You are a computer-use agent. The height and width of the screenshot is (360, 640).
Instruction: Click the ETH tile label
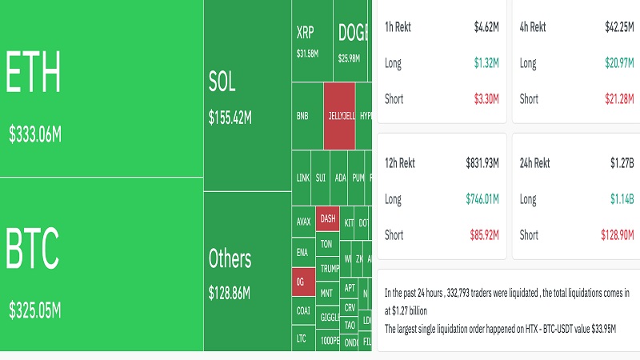[x=34, y=74]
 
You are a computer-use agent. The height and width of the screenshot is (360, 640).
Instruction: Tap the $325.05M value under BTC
[x=34, y=309]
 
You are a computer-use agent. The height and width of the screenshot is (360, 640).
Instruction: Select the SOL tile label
[x=222, y=82]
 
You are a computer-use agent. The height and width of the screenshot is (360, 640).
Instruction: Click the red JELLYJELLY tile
[x=340, y=115]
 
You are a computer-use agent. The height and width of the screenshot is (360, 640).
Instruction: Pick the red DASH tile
[x=327, y=218]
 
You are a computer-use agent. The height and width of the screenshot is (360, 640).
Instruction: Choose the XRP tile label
[x=306, y=34]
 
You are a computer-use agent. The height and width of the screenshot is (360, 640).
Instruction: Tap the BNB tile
[x=302, y=115]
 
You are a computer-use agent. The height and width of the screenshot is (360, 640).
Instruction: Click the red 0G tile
[x=301, y=282]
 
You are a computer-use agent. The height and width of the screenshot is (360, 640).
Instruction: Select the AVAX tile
[x=303, y=222]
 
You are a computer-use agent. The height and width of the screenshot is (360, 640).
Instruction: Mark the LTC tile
[x=302, y=338]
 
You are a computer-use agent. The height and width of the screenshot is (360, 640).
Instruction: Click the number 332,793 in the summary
[x=469, y=294]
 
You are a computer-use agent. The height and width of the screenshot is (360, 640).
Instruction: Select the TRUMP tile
[x=329, y=268]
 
